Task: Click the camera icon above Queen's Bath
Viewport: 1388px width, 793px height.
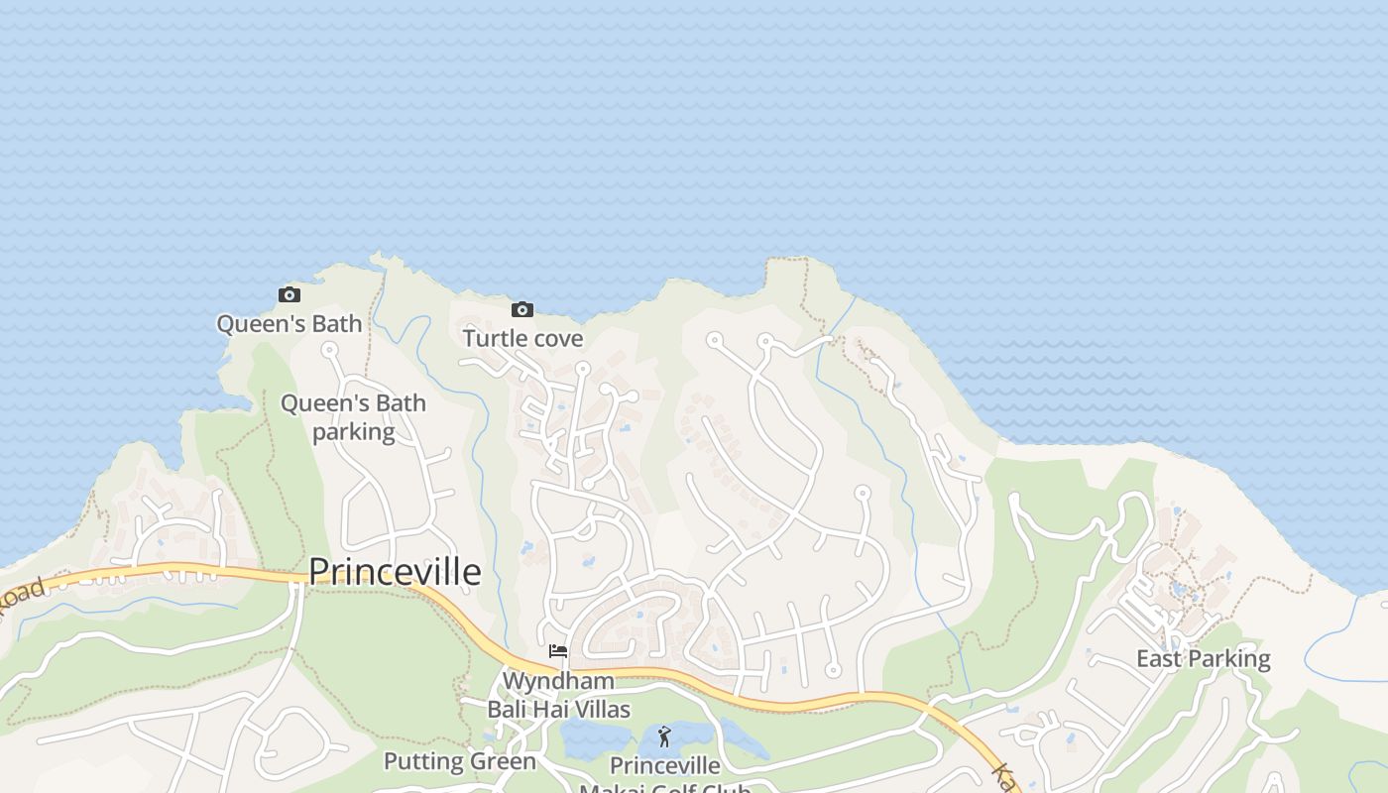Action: click(289, 294)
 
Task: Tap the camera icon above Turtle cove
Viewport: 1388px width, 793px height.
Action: click(522, 309)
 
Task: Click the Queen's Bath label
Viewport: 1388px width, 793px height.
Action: click(289, 324)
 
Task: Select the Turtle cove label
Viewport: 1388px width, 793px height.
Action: click(522, 338)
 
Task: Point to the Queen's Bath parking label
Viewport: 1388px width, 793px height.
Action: click(353, 417)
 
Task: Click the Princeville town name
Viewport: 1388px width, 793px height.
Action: click(395, 572)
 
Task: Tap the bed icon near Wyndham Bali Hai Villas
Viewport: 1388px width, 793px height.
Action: click(558, 651)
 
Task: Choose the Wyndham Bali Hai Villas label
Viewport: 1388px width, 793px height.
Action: click(558, 695)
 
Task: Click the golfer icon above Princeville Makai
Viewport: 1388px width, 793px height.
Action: click(664, 736)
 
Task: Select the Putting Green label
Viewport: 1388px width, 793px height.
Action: click(459, 761)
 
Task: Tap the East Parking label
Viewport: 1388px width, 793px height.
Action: click(1203, 658)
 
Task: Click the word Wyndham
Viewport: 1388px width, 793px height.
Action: click(558, 681)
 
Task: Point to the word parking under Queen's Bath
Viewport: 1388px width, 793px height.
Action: click(353, 432)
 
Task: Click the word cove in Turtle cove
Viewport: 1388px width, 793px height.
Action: click(557, 338)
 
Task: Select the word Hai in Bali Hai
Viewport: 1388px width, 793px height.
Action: click(544, 709)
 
